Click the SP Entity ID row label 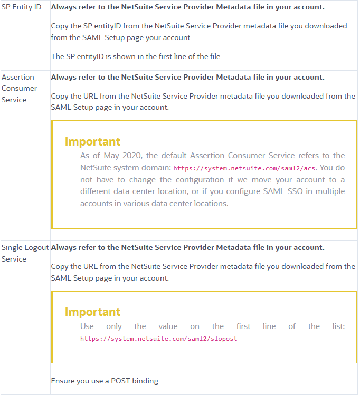22,7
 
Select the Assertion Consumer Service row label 20,88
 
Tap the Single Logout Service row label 25,253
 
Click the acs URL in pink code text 245,168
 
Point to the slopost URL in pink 158,339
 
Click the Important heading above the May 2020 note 92,141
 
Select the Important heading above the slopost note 92,312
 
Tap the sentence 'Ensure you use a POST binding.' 106,380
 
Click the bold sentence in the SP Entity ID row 187,7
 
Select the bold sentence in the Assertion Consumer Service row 187,77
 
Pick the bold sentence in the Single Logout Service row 187,247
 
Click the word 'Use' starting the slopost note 87,326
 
